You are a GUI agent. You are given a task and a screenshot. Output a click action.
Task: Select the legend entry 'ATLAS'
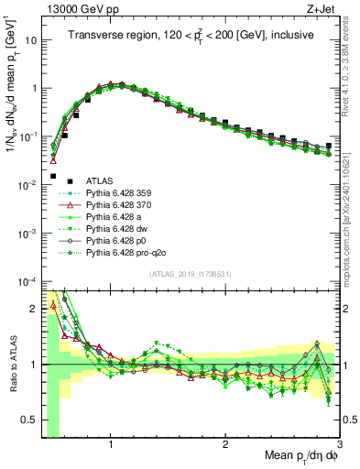coord(102,181)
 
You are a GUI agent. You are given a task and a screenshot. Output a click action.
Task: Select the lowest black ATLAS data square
coord(53,176)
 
